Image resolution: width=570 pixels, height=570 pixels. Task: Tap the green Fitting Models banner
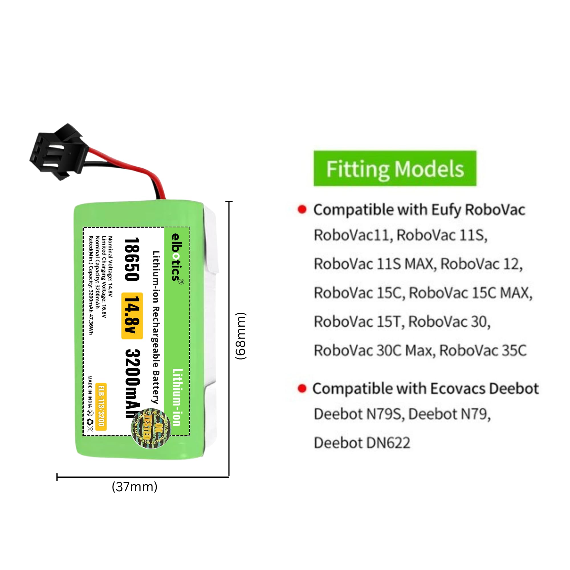pyautogui.click(x=395, y=168)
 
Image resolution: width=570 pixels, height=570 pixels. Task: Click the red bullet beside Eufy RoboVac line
pyautogui.click(x=302, y=209)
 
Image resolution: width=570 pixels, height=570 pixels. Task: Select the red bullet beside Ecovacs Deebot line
pyautogui.click(x=302, y=388)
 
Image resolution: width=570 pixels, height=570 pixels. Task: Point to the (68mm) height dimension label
pyautogui.click(x=241, y=336)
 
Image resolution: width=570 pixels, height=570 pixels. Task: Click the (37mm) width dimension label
pyautogui.click(x=135, y=487)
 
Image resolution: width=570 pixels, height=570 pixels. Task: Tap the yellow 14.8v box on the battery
pyautogui.click(x=132, y=316)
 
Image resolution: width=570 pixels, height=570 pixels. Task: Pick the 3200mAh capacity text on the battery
pyautogui.click(x=133, y=384)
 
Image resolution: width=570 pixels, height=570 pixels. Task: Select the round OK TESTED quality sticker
pyautogui.click(x=151, y=428)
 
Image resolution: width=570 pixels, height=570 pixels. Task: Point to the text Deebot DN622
pyautogui.click(x=362, y=443)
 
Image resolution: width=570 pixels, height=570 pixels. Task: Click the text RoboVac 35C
pyautogui.click(x=483, y=351)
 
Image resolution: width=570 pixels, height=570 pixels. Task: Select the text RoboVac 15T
pyautogui.click(x=358, y=321)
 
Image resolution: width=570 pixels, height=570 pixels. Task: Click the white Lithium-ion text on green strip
pyautogui.click(x=177, y=397)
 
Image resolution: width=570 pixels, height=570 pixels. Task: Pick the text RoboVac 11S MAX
pyautogui.click(x=375, y=264)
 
